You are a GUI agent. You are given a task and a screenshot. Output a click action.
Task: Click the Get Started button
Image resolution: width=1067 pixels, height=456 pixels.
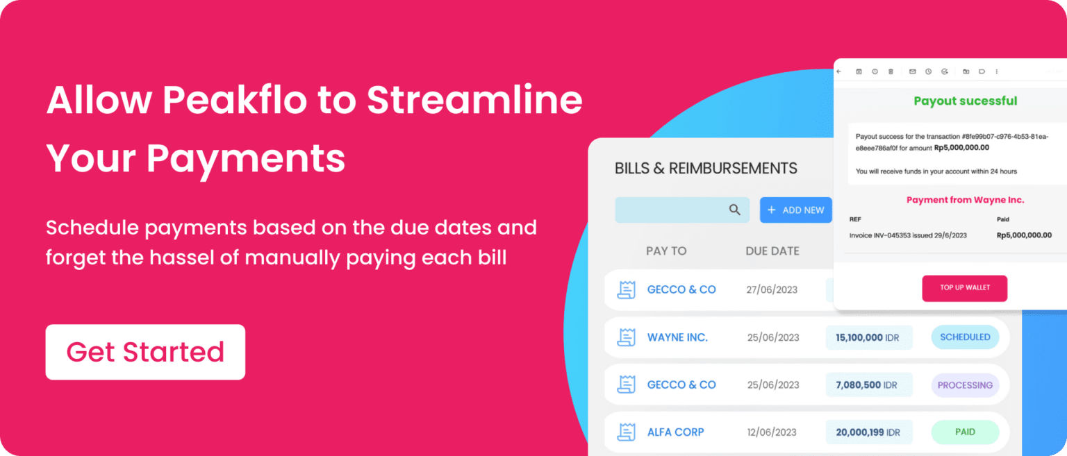point(145,352)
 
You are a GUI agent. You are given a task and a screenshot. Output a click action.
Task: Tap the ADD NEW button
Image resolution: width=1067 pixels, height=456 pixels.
point(795,210)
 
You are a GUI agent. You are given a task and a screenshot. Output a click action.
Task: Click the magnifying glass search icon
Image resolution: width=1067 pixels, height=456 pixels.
point(734,210)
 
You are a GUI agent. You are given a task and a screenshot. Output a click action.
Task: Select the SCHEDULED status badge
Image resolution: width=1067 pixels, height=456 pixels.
point(965,337)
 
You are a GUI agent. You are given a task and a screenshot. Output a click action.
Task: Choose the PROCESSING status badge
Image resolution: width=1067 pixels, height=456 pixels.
point(965,385)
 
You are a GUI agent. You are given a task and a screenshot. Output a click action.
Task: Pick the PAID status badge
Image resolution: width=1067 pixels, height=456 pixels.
point(965,432)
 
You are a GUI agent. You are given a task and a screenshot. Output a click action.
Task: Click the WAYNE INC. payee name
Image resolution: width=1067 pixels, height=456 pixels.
point(677,337)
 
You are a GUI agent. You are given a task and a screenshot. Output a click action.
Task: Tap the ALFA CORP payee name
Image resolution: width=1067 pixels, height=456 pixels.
point(675,432)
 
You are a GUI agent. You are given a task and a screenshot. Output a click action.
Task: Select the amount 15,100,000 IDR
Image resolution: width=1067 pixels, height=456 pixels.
point(868,337)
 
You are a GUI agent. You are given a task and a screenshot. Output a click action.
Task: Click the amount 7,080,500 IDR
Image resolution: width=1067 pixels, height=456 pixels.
point(868,385)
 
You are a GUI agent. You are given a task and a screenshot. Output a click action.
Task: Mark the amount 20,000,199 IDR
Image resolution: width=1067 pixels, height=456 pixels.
point(868,432)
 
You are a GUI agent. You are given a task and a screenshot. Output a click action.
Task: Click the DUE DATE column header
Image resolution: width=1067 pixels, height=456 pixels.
point(772,251)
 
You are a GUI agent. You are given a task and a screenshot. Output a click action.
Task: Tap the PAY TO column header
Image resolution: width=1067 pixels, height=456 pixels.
point(665,251)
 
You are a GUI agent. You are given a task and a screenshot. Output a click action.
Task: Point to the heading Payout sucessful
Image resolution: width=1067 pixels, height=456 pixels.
point(965,101)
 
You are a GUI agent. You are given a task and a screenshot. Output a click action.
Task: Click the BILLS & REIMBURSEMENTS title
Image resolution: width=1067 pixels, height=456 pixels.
point(706,168)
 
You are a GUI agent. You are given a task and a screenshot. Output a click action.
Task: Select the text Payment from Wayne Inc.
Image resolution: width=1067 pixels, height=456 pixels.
point(965,200)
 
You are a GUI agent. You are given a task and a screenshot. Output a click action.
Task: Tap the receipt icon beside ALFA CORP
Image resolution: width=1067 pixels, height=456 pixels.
point(627,432)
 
